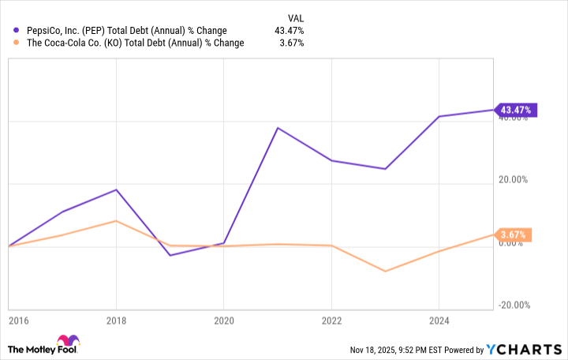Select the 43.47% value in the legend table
point(289,31)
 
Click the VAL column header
point(294,17)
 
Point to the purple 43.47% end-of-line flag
point(515,110)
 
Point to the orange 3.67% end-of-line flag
point(515,234)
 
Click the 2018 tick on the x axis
point(117,321)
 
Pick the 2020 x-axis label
point(224,321)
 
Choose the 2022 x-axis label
point(331,321)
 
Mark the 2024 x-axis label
point(439,321)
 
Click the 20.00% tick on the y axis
point(514,180)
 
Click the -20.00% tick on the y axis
point(514,306)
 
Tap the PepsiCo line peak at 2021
point(278,128)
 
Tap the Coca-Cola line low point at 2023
point(385,272)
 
